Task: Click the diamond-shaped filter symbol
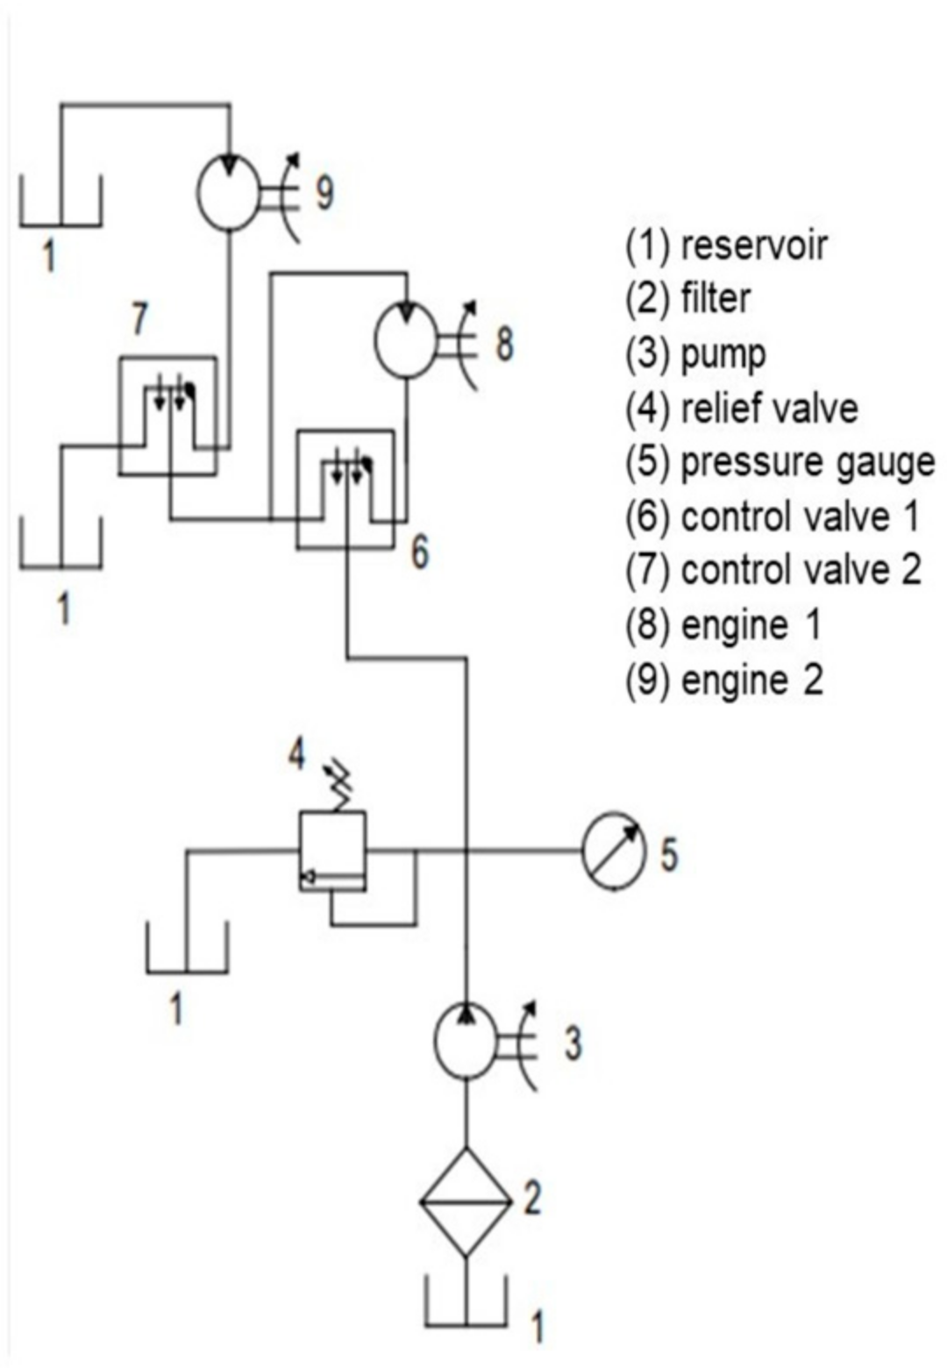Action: (466, 1202)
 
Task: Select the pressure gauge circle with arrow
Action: (613, 851)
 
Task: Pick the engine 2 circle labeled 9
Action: (228, 192)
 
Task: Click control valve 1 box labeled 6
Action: (345, 488)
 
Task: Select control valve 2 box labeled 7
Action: (167, 416)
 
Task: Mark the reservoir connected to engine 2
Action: (61, 203)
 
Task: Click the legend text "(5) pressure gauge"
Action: (780, 463)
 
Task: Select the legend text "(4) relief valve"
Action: (741, 409)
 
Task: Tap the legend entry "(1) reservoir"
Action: (725, 246)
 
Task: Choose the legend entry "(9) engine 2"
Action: (724, 680)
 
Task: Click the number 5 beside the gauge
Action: (668, 853)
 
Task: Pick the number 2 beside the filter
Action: (532, 1198)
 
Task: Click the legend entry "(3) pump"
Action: (695, 354)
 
